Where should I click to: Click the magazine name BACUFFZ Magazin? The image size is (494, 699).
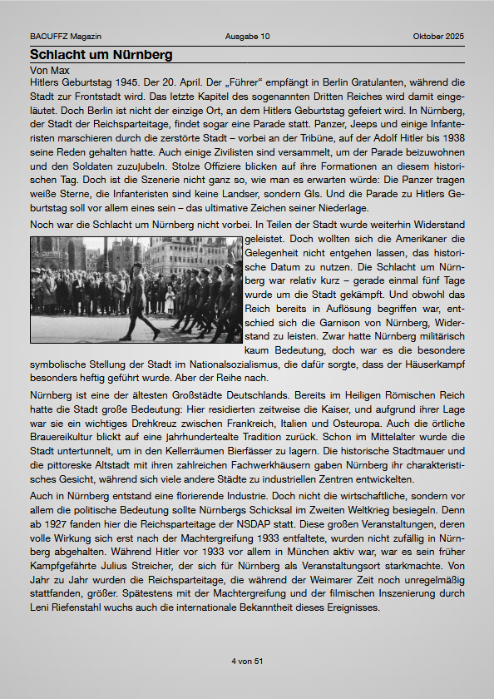[66, 37]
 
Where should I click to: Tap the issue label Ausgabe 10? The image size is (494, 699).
[247, 37]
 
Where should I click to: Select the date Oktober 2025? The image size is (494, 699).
[438, 37]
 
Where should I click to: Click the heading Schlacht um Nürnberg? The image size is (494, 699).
[101, 55]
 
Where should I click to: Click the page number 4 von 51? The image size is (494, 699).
[247, 661]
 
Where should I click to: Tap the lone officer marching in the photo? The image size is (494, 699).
[138, 295]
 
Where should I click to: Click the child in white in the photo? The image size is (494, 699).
[170, 299]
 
